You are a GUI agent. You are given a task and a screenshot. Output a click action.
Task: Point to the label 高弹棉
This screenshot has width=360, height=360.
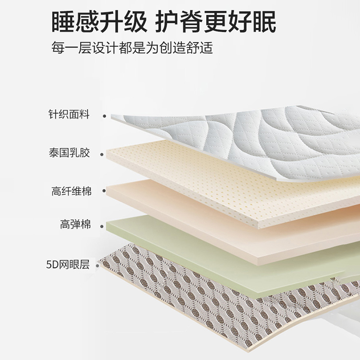coord(76,224)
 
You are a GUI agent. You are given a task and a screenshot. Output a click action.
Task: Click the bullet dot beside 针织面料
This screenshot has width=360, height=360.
coord(104,116)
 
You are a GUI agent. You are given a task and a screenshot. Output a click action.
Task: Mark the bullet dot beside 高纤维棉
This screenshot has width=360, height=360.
coord(104,191)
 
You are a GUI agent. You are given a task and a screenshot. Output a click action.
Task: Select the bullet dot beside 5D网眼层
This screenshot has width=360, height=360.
coord(104,265)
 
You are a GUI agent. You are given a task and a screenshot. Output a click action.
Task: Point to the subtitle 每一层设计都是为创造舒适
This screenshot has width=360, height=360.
coord(132,47)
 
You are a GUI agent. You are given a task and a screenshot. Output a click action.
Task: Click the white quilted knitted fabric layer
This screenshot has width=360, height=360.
coord(252,135)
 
